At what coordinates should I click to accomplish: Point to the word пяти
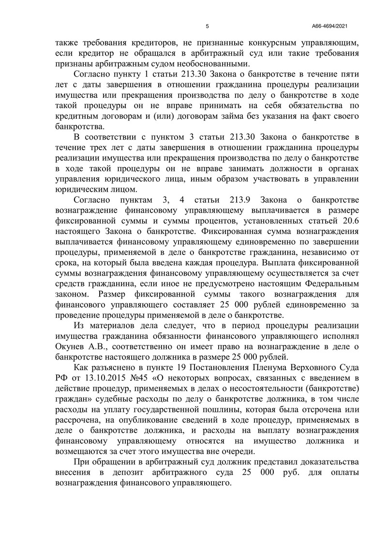tap(348, 73)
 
